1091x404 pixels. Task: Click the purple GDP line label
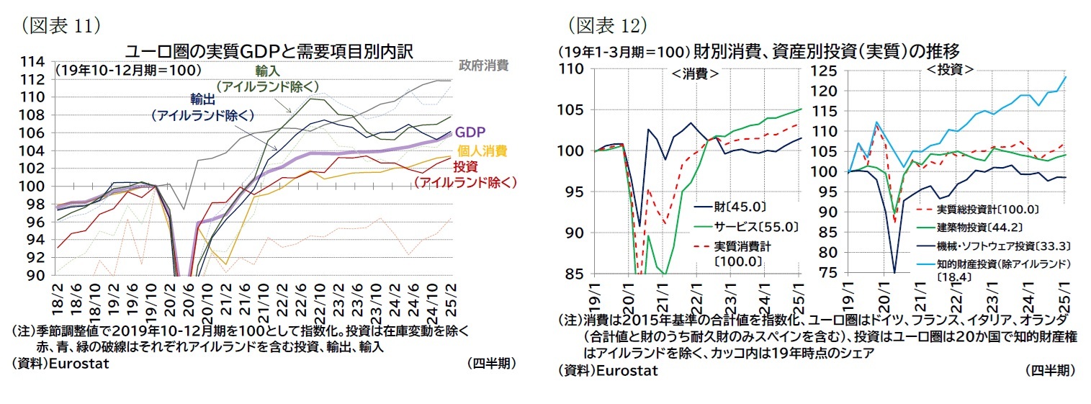470,133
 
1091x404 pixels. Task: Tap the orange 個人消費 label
482,151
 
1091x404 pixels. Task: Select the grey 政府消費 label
483,66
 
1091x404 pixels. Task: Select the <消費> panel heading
695,73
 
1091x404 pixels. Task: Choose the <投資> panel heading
949,70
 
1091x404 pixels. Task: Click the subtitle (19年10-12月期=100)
127,70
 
